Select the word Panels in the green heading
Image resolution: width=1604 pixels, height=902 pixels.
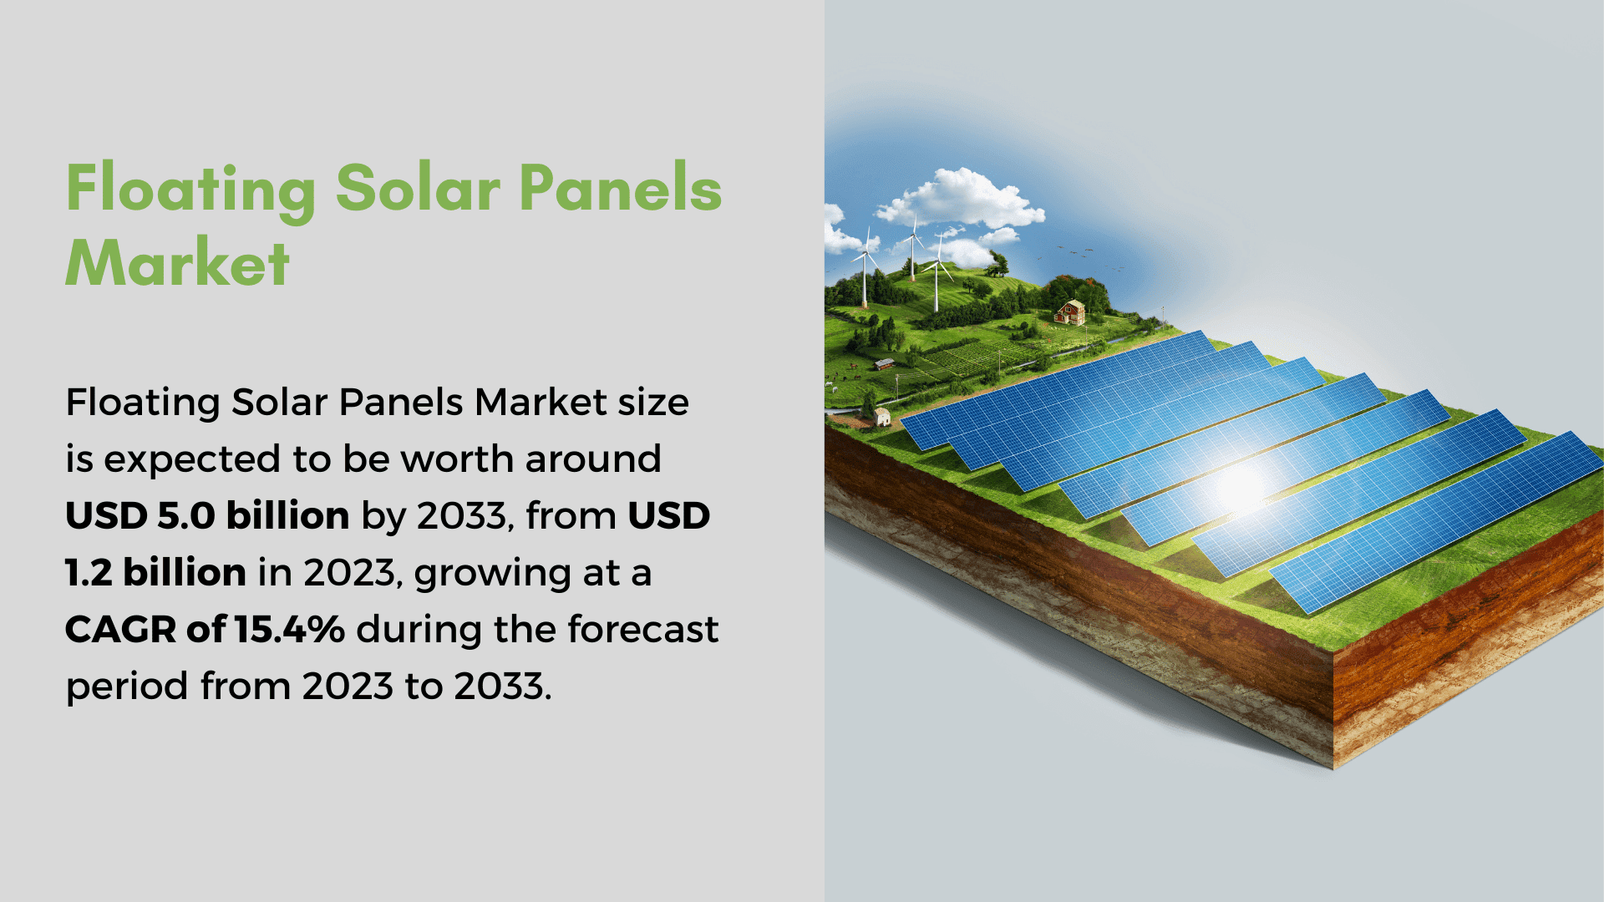[620, 187]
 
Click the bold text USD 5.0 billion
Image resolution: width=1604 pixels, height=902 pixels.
[207, 515]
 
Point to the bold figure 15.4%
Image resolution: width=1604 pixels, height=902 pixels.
[289, 629]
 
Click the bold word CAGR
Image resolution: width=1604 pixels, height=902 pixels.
[121, 629]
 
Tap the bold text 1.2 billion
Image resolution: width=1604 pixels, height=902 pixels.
[156, 572]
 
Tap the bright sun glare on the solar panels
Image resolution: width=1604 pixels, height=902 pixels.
[1240, 488]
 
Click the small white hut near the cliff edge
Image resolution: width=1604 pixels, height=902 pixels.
[881, 417]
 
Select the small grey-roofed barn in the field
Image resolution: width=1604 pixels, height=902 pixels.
[884, 364]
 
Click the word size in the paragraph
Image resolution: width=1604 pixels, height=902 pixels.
[653, 402]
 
